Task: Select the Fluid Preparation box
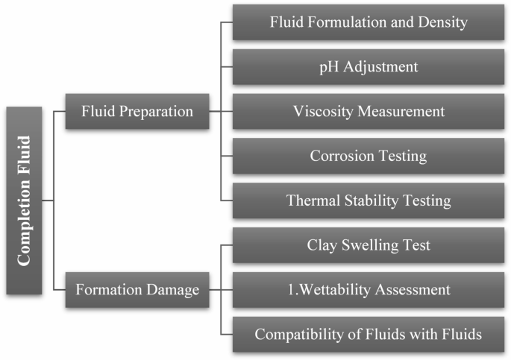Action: (137, 111)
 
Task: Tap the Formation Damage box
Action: (137, 289)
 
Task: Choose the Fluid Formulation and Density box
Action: (369, 22)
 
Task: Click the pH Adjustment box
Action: (369, 67)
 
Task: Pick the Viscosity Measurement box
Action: (369, 112)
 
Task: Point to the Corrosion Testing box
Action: (369, 157)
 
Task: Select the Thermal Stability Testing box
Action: (369, 200)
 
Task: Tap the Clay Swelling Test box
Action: (369, 245)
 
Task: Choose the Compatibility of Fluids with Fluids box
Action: (369, 334)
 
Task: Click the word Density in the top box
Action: (444, 22)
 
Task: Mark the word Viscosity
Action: (322, 112)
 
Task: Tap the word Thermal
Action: (312, 200)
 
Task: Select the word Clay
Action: (322, 245)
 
